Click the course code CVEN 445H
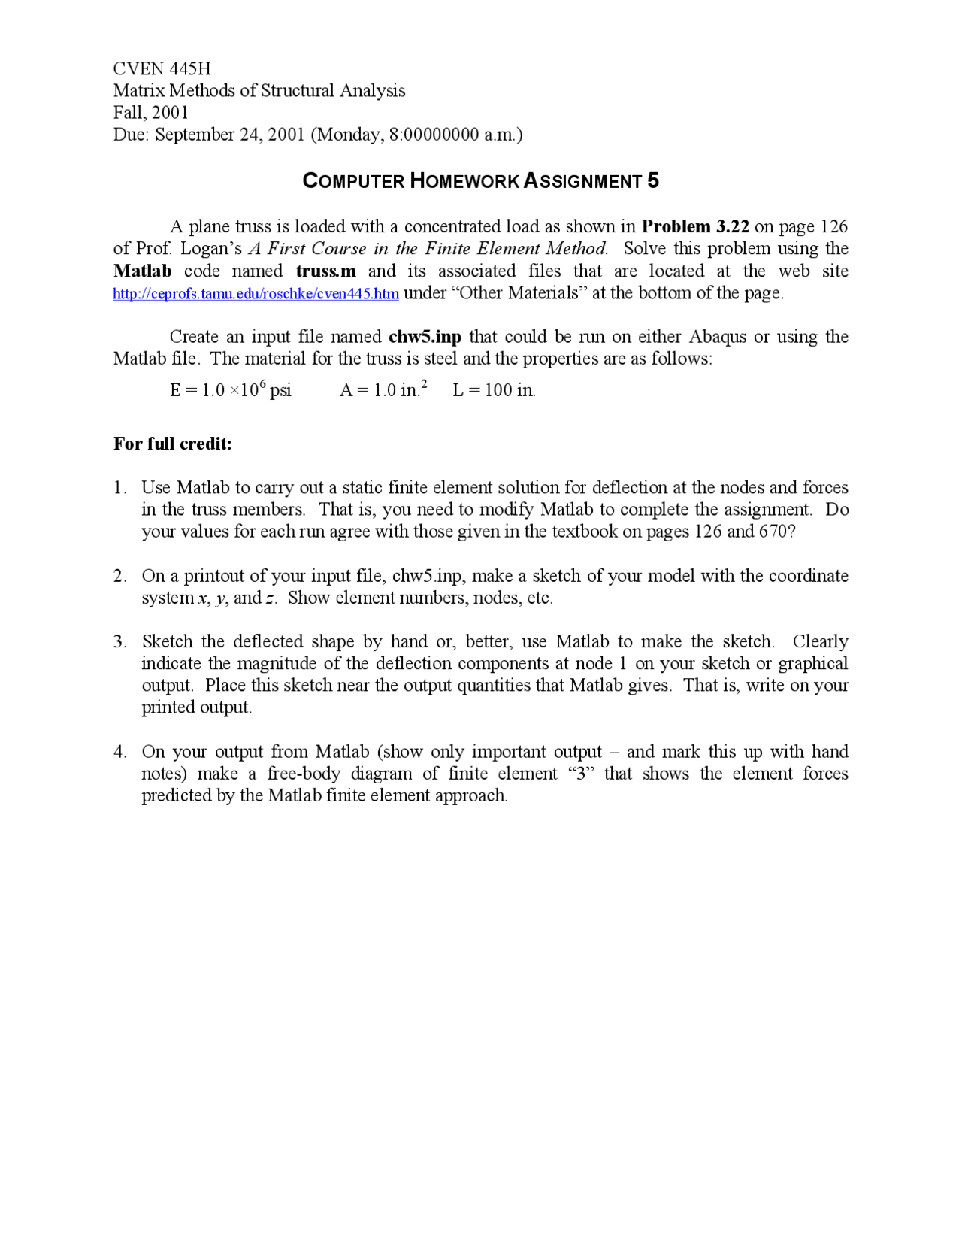(162, 68)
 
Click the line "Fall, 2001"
(150, 112)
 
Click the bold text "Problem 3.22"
(695, 226)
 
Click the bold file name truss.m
(325, 271)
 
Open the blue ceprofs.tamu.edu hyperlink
(256, 293)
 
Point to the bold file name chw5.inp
(425, 336)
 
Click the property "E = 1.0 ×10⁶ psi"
(230, 389)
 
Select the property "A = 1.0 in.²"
(383, 389)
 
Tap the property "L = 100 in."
(494, 390)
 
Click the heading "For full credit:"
(173, 444)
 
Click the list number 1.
(119, 488)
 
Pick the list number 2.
(119, 576)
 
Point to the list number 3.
(119, 641)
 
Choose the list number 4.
(119, 752)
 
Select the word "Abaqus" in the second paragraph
(718, 336)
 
